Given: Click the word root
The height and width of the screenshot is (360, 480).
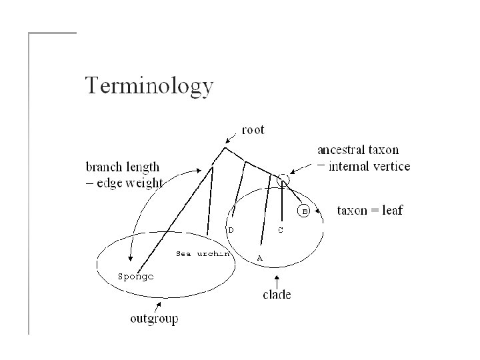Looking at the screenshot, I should point(253,130).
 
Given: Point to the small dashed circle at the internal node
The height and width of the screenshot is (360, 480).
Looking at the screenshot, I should point(283,179).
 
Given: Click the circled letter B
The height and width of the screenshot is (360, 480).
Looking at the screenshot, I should point(303,211).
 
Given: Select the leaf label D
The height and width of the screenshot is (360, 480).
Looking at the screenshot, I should point(231,229).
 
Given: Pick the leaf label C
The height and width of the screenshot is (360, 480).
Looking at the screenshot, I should point(281,230).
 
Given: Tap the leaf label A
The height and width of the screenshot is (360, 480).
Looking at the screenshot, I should point(259,257).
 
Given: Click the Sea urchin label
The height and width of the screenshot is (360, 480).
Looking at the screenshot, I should point(203,253).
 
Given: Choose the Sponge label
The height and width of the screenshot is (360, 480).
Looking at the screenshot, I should point(135,275).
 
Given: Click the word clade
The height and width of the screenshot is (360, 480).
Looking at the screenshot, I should point(277,294).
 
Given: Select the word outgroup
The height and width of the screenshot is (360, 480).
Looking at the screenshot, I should point(154,319).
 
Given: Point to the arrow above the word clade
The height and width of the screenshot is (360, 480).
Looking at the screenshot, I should point(276,278).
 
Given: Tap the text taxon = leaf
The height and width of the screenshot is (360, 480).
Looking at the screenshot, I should point(371,211).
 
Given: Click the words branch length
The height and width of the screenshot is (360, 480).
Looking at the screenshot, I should point(123,167).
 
